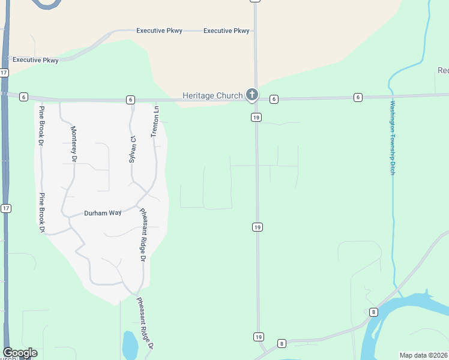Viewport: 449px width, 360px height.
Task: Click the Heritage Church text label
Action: [212, 95]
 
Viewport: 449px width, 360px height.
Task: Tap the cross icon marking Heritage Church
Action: [253, 94]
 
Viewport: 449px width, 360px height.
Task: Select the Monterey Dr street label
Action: [74, 144]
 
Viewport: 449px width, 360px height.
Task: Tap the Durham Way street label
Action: [103, 213]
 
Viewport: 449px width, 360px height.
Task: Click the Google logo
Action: [20, 353]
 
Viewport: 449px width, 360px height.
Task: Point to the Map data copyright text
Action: [424, 355]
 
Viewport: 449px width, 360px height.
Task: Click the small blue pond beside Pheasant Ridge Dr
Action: [130, 344]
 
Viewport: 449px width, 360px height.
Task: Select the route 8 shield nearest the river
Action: [373, 312]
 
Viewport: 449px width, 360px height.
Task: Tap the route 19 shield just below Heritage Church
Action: [256, 118]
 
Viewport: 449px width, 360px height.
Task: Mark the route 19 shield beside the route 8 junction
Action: [258, 337]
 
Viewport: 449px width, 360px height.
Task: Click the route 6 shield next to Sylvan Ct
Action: [130, 99]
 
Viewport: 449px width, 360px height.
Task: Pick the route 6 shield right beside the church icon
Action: [273, 99]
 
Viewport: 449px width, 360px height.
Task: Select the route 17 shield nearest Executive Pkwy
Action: [4, 73]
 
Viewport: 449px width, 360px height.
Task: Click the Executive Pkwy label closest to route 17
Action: [35, 60]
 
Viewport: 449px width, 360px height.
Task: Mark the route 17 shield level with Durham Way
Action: [5, 208]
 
